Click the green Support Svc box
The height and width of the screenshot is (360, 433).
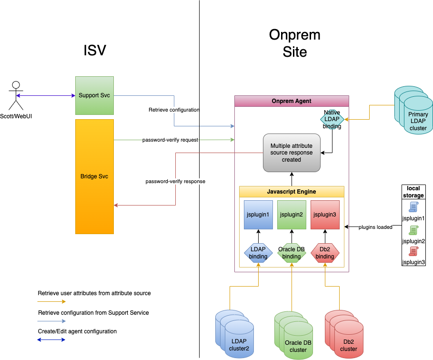tap(94, 95)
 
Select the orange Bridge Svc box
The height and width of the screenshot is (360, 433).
tap(94, 176)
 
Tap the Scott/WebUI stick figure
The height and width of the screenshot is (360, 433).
tap(16, 95)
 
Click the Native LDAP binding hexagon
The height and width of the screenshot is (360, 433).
tap(332, 119)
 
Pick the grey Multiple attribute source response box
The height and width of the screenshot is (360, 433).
tap(292, 153)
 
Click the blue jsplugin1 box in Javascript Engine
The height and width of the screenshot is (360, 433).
tap(258, 215)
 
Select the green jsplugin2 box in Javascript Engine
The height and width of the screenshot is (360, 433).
tap(292, 215)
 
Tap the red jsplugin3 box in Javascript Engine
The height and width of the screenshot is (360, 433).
tap(325, 215)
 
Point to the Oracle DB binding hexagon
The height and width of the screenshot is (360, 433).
tap(292, 253)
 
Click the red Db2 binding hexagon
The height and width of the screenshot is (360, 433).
tap(325, 253)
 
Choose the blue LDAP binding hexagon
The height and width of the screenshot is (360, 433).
tap(258, 253)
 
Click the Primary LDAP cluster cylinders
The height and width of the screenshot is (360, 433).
tap(413, 110)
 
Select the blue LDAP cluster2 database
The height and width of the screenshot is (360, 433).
tap(234, 334)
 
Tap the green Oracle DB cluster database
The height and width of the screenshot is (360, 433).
tap(293, 335)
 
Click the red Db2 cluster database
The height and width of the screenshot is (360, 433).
tap(344, 334)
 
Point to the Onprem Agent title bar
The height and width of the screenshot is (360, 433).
tap(292, 101)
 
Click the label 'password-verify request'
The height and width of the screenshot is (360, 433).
tap(170, 140)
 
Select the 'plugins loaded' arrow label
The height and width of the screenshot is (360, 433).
tap(375, 227)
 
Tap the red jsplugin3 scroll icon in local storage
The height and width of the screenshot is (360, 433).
tap(413, 251)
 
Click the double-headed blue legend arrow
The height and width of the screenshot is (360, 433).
tap(51, 339)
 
